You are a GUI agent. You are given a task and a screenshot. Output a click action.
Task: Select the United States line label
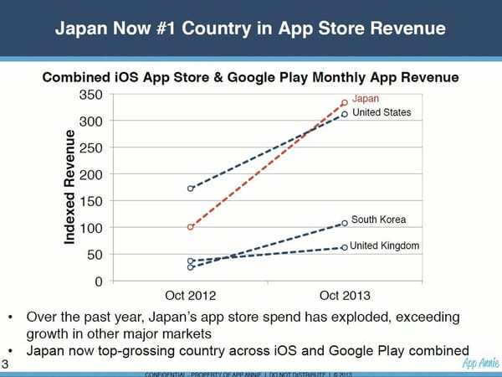pyautogui.click(x=382, y=113)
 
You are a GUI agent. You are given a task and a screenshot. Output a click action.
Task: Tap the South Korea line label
pyautogui.click(x=378, y=219)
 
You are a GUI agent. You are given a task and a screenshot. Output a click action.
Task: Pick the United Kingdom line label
pyautogui.click(x=384, y=245)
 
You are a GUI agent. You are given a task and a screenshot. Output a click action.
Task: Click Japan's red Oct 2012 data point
pyautogui.click(x=191, y=227)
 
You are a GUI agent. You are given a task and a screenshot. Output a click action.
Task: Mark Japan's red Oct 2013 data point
pyautogui.click(x=345, y=103)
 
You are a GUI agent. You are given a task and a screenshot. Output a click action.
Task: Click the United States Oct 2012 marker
pyautogui.click(x=191, y=188)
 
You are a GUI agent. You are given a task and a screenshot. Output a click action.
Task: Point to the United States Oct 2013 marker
pyautogui.click(x=345, y=115)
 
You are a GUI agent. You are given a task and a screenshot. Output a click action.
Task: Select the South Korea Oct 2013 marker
pyautogui.click(x=345, y=223)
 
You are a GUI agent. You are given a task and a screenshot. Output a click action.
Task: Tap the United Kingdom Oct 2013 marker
pyautogui.click(x=345, y=247)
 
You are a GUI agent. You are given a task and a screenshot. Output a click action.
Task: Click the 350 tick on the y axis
pyautogui.click(x=91, y=95)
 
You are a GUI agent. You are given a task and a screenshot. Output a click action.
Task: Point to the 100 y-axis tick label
pyautogui.click(x=91, y=228)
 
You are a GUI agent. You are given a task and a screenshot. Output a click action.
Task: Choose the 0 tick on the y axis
pyautogui.click(x=98, y=281)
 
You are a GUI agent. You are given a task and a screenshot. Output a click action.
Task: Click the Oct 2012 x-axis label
pyautogui.click(x=191, y=296)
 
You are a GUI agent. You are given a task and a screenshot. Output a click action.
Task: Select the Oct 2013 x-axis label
pyautogui.click(x=345, y=296)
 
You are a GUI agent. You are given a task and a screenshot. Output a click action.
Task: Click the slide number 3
pyautogui.click(x=5, y=363)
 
